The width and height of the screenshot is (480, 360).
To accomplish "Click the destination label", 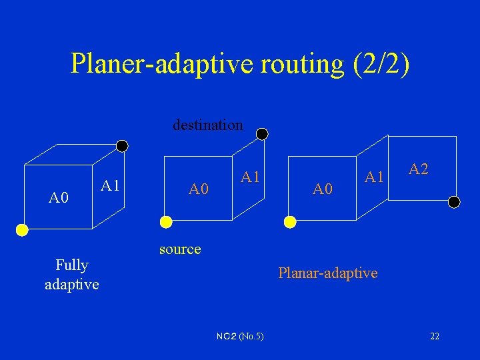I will (x=208, y=125).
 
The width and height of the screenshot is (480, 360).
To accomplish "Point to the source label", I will (x=180, y=249).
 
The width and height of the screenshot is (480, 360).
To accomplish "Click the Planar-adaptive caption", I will (x=327, y=273).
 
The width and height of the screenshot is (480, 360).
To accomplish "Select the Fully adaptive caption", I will (x=71, y=275).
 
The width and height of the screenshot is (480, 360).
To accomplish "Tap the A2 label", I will (x=419, y=169).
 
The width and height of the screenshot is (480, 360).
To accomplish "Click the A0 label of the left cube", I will (x=59, y=197).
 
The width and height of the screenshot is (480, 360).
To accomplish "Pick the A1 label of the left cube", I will (x=110, y=185).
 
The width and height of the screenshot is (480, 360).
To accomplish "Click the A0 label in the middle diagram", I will (x=199, y=189).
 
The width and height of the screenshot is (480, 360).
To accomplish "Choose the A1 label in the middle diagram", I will (x=251, y=177).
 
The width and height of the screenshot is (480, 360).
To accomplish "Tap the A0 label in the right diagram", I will (x=323, y=189).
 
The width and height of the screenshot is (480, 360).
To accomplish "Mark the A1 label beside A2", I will (x=374, y=177).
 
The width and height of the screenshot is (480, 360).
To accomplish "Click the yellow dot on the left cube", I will (x=22, y=230).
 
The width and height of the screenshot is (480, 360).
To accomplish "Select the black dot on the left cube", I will (x=122, y=145).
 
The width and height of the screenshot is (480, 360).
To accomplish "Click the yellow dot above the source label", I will (x=165, y=221).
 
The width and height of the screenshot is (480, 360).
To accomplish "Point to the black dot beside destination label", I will (x=263, y=134).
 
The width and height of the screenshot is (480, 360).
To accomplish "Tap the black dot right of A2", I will (x=455, y=201).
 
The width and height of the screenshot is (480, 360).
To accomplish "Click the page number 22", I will (x=435, y=336).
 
